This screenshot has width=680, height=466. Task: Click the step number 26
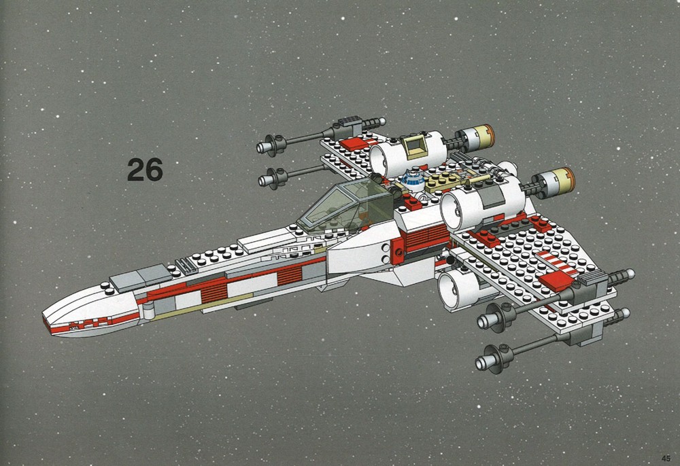pyautogui.click(x=145, y=169)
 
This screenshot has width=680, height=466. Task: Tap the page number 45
pyautogui.click(x=666, y=459)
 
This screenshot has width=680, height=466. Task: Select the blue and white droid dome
pyautogui.click(x=413, y=181)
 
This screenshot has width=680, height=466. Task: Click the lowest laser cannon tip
pyautogui.click(x=481, y=363)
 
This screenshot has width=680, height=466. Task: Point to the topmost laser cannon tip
pyautogui.click(x=262, y=147)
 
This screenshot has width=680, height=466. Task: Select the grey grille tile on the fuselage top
pyautogui.click(x=186, y=264)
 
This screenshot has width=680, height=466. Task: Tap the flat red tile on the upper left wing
pyautogui.click(x=354, y=143)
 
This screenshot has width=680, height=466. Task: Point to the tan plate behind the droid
pyautogui.click(x=443, y=182)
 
